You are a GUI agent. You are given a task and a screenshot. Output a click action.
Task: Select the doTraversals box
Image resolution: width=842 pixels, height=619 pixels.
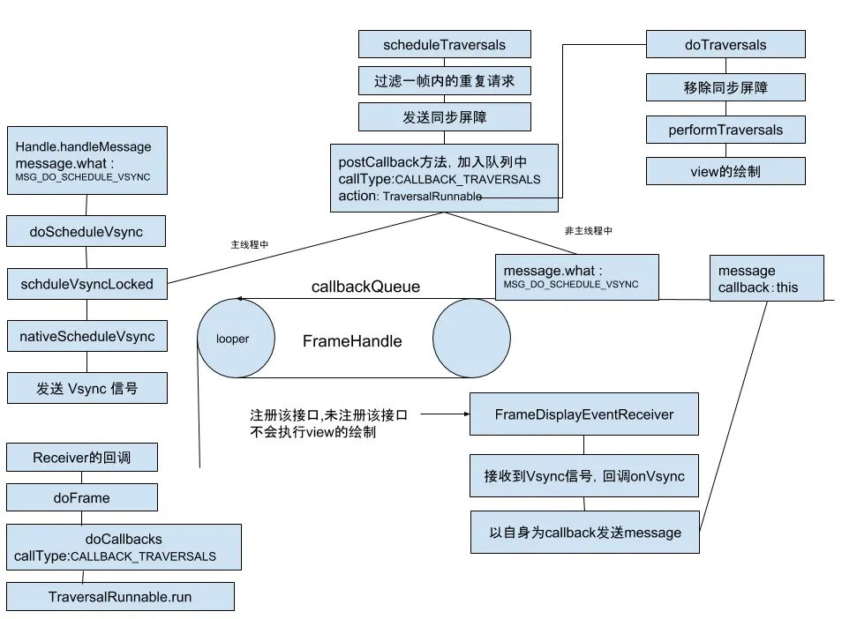725,44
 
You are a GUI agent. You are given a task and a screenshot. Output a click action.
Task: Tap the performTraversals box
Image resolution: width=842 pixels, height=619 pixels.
725,130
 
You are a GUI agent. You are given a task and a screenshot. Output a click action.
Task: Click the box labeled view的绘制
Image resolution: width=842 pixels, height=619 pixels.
725,171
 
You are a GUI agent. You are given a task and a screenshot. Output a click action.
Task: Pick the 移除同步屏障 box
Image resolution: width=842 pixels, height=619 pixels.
725,86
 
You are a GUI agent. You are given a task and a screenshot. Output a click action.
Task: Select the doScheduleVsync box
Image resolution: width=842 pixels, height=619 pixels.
86,232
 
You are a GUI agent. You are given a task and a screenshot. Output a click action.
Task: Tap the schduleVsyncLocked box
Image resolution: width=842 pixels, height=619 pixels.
86,284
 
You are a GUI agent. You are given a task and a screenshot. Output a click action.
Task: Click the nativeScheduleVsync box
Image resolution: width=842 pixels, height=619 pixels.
86,336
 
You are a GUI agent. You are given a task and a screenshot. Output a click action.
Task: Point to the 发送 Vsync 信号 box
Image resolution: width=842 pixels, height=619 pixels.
86,388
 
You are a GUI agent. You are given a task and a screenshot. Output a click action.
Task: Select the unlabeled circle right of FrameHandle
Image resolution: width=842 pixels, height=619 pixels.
471,339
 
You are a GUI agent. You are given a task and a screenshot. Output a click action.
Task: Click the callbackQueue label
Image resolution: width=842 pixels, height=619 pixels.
365,287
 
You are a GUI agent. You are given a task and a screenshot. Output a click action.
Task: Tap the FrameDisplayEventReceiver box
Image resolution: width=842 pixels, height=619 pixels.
583,414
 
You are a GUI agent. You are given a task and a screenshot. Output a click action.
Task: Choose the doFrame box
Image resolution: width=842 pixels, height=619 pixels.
82,497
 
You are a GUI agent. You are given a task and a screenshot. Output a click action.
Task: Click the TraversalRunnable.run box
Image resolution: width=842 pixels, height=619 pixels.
120,596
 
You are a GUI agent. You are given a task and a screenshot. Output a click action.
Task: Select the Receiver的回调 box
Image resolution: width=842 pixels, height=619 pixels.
82,457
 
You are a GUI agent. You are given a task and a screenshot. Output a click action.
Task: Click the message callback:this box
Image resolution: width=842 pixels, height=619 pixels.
766,279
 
